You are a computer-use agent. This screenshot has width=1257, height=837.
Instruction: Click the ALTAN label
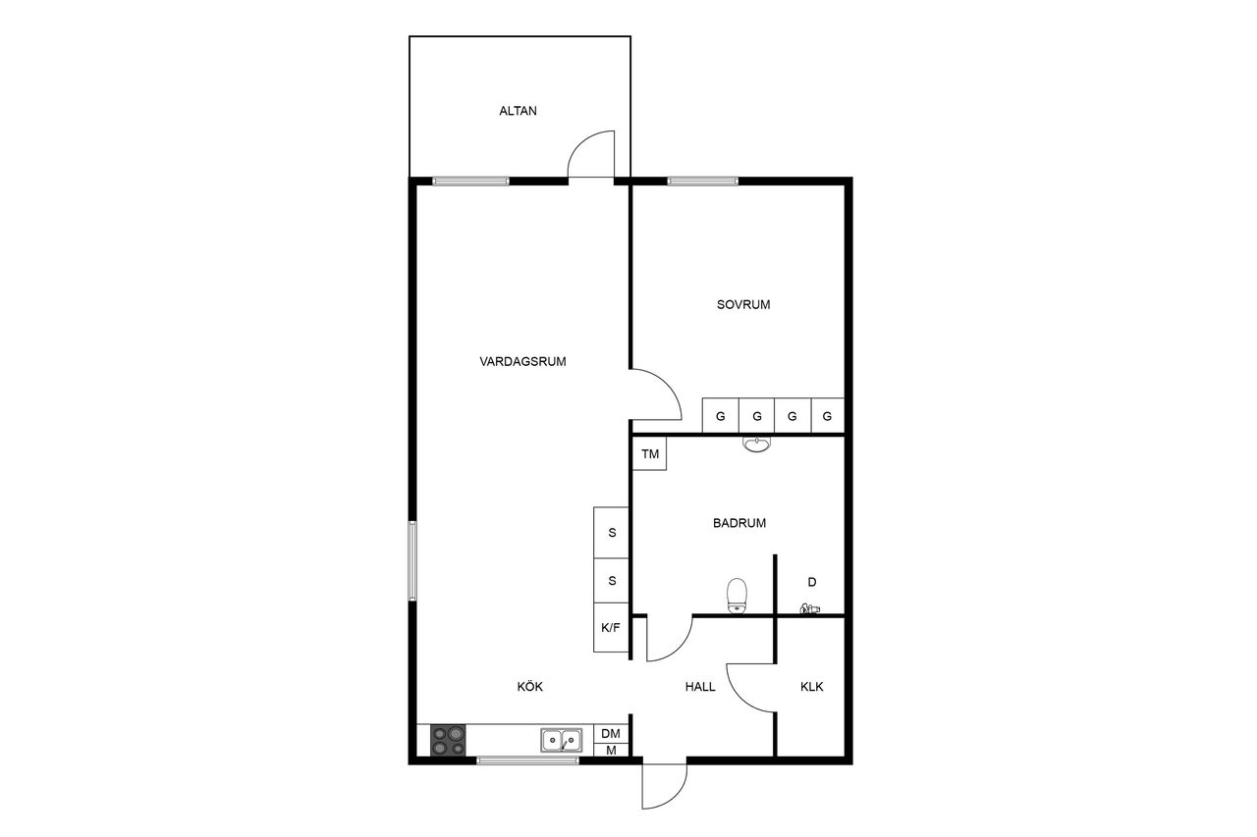pos(518,111)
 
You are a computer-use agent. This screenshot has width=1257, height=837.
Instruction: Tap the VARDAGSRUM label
pos(522,362)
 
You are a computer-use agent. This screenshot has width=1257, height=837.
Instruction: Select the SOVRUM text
pos(743,305)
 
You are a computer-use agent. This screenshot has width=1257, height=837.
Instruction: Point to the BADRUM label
pos(739,523)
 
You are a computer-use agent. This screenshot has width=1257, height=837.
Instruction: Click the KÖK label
pos(529,686)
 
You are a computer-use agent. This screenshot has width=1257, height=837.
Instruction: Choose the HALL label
pos(700,687)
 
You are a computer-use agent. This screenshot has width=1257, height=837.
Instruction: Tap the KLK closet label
pos(811,687)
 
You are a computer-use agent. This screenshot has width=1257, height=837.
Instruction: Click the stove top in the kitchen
pos(448,740)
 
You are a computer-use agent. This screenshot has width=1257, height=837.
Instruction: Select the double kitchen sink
pos(561,740)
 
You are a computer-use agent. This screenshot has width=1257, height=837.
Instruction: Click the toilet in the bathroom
pos(737,596)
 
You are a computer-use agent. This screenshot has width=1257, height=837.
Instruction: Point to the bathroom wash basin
pos(756,444)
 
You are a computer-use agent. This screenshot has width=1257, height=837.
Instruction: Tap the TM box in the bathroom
pos(650,453)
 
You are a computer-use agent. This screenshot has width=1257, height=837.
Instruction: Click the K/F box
pos(611,627)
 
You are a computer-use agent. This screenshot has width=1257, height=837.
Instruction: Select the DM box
pos(611,733)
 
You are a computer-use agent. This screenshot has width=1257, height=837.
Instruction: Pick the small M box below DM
pos(611,750)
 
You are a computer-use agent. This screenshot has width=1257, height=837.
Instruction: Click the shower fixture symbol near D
pos(810,608)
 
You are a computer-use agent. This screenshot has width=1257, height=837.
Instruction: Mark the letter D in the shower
pos(811,582)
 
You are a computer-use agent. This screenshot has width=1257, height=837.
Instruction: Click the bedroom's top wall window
pos(702,182)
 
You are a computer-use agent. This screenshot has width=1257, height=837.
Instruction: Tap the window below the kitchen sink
pos(527,760)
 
